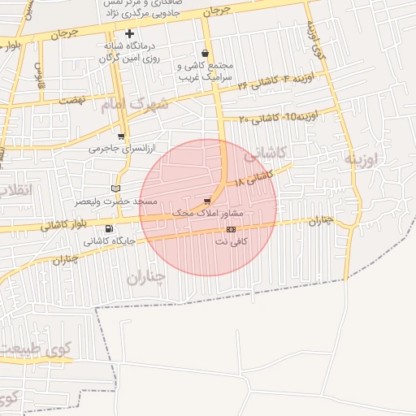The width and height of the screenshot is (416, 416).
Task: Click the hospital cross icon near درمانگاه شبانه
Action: click(129, 33)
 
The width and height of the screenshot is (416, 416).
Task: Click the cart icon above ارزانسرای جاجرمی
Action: click(121, 136)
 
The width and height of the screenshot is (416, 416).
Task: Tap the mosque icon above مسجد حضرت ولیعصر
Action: click(116, 188)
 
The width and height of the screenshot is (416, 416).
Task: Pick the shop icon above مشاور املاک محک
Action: click(208, 201)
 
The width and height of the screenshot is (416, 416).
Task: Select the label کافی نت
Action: click(232, 241)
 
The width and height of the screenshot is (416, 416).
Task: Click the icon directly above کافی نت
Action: click(231, 230)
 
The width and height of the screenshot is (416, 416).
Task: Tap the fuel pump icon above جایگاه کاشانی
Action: click(110, 228)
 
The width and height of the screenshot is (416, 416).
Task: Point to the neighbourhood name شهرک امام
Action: click(136, 104)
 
